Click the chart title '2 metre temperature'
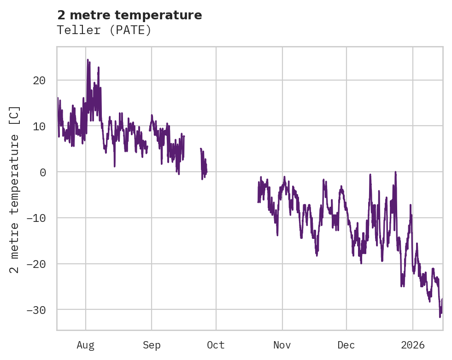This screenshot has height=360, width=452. click(129, 15)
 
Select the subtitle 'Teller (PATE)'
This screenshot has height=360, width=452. click(104, 30)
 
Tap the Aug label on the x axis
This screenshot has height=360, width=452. click(86, 345)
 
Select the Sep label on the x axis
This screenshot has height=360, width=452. click(152, 345)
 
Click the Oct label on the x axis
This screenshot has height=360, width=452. click(216, 345)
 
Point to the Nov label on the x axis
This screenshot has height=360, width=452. click(282, 345)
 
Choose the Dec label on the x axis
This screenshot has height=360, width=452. click(346, 345)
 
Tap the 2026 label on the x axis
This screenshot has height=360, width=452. click(413, 345)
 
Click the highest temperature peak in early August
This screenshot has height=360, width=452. click(88, 60)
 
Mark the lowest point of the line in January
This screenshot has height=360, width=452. click(440, 316)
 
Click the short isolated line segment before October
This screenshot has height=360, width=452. click(203, 163)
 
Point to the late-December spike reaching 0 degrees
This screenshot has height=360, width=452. click(395, 172)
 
